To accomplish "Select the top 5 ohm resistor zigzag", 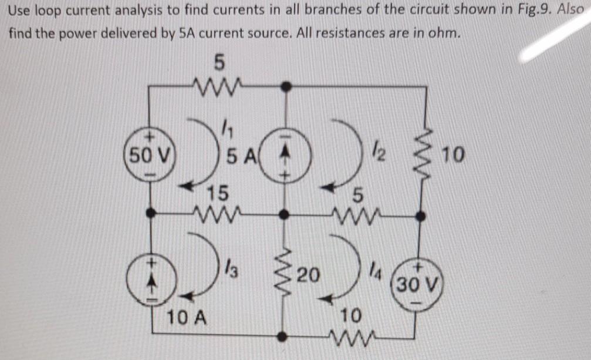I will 218,86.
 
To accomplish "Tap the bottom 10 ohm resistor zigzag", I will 352,337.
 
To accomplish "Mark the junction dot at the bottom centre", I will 283,337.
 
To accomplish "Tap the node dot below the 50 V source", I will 151,214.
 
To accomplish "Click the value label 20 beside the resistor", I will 309,274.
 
